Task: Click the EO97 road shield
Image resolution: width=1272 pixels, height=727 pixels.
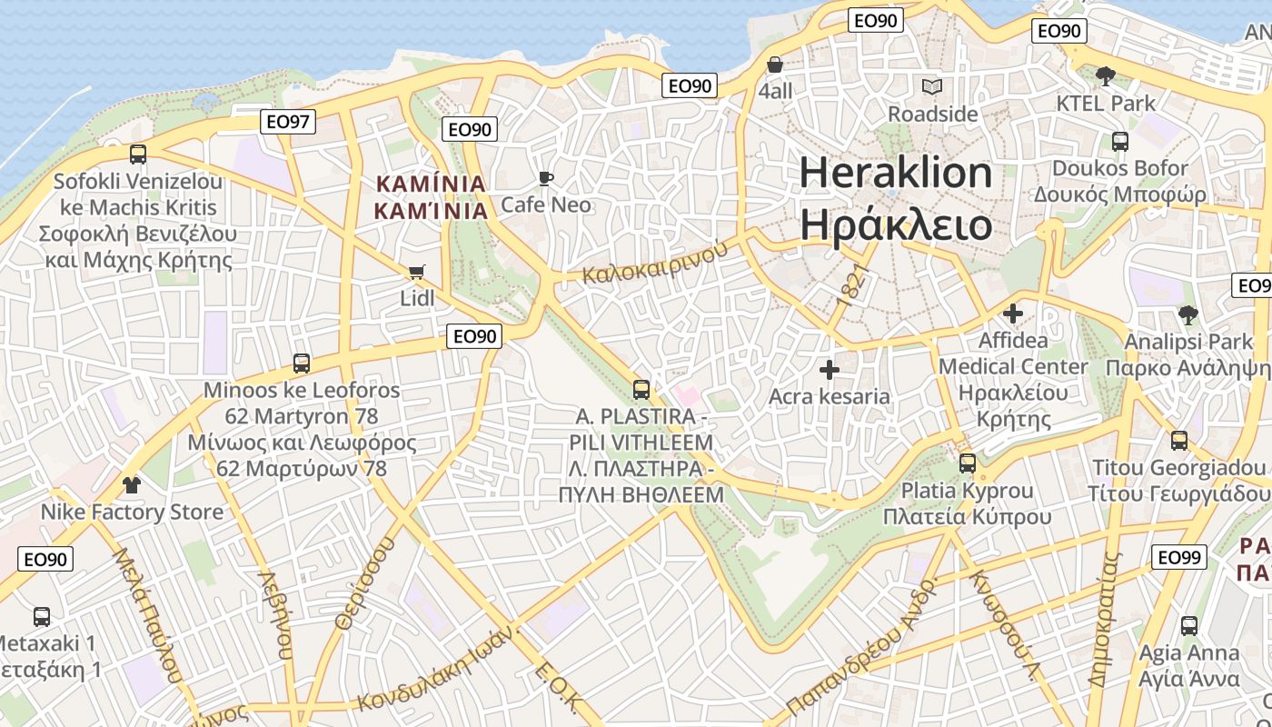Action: tap(288, 122)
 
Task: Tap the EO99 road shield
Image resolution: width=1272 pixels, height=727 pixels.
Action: tap(1179, 557)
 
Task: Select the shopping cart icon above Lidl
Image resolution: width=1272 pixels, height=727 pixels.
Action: tap(417, 272)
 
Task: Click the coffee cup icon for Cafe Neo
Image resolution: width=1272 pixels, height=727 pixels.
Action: tap(546, 178)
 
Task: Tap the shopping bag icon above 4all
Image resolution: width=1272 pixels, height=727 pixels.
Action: tap(775, 65)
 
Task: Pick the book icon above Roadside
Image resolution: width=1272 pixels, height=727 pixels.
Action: tap(932, 87)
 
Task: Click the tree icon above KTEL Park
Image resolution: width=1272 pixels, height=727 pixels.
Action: tap(1106, 75)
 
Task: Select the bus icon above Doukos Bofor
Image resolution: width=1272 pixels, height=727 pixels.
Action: tap(1120, 142)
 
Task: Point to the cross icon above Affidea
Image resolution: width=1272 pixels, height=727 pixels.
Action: tap(1013, 314)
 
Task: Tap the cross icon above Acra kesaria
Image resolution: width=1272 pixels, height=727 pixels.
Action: tap(829, 370)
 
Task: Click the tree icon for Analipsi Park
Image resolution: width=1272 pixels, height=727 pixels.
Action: tap(1188, 315)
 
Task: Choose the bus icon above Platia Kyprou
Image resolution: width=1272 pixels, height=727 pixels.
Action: tap(968, 463)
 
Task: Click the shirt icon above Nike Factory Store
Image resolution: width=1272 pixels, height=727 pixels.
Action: tap(132, 484)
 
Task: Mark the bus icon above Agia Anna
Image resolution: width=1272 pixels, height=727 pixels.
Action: tap(1189, 626)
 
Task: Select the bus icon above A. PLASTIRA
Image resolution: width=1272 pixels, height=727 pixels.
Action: tap(641, 390)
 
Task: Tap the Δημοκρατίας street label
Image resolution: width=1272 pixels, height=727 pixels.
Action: tap(1107, 618)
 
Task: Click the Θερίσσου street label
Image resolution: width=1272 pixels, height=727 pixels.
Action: tap(367, 583)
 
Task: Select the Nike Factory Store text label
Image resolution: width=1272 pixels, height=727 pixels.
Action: tap(132, 513)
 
